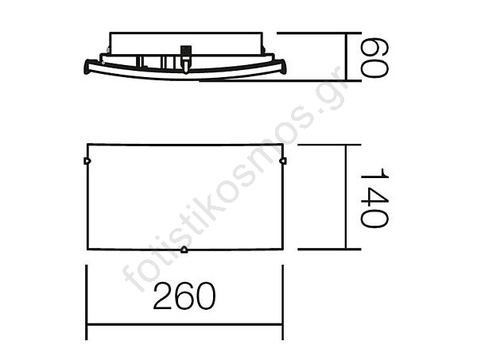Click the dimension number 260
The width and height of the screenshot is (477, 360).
pos(184,296)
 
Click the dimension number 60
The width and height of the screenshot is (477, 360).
pos(374,58)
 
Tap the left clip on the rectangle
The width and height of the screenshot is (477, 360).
pos(87,161)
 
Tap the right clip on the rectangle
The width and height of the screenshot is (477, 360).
pos(283,161)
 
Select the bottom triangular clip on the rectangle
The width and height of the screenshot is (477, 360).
pos(184,250)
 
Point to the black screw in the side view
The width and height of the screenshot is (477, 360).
pos(185,51)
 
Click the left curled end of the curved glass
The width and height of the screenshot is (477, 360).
pos(87,67)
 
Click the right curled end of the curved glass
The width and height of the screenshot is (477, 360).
pos(282,67)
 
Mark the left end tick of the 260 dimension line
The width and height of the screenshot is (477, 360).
pos(87,302)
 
